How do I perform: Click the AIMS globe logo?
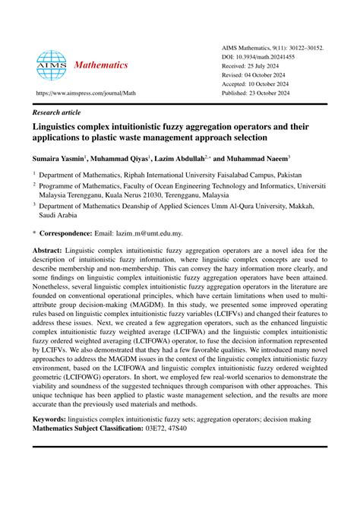(x=52, y=66)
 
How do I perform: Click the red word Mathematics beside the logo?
(x=101, y=65)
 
